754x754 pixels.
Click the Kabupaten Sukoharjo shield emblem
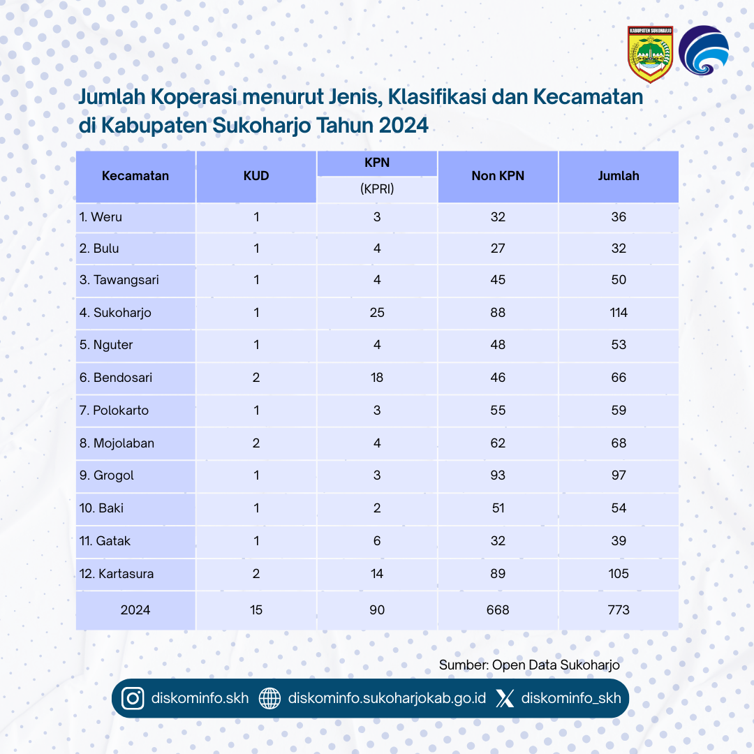pyautogui.click(x=649, y=54)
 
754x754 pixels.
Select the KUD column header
pyautogui.click(x=256, y=176)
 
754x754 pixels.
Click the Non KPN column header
pyautogui.click(x=498, y=176)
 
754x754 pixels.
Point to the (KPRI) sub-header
pyautogui.click(x=377, y=188)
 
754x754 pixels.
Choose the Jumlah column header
pyautogui.click(x=619, y=176)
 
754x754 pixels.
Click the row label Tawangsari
pyautogui.click(x=119, y=280)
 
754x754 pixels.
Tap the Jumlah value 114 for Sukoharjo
pyautogui.click(x=619, y=313)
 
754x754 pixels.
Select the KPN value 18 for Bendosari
pyautogui.click(x=377, y=378)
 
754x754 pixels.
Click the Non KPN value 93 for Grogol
pyautogui.click(x=498, y=475)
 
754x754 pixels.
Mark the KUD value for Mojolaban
pyautogui.click(x=256, y=443)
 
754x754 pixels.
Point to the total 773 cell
pyautogui.click(x=619, y=609)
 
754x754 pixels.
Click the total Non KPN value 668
pyautogui.click(x=498, y=609)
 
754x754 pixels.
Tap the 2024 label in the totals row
pyautogui.click(x=135, y=609)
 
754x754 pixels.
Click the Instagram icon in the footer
pyautogui.click(x=133, y=698)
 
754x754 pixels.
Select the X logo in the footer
pyautogui.click(x=505, y=698)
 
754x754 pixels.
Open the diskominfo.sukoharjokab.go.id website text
pyautogui.click(x=386, y=698)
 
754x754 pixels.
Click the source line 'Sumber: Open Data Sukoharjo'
pyautogui.click(x=529, y=665)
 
